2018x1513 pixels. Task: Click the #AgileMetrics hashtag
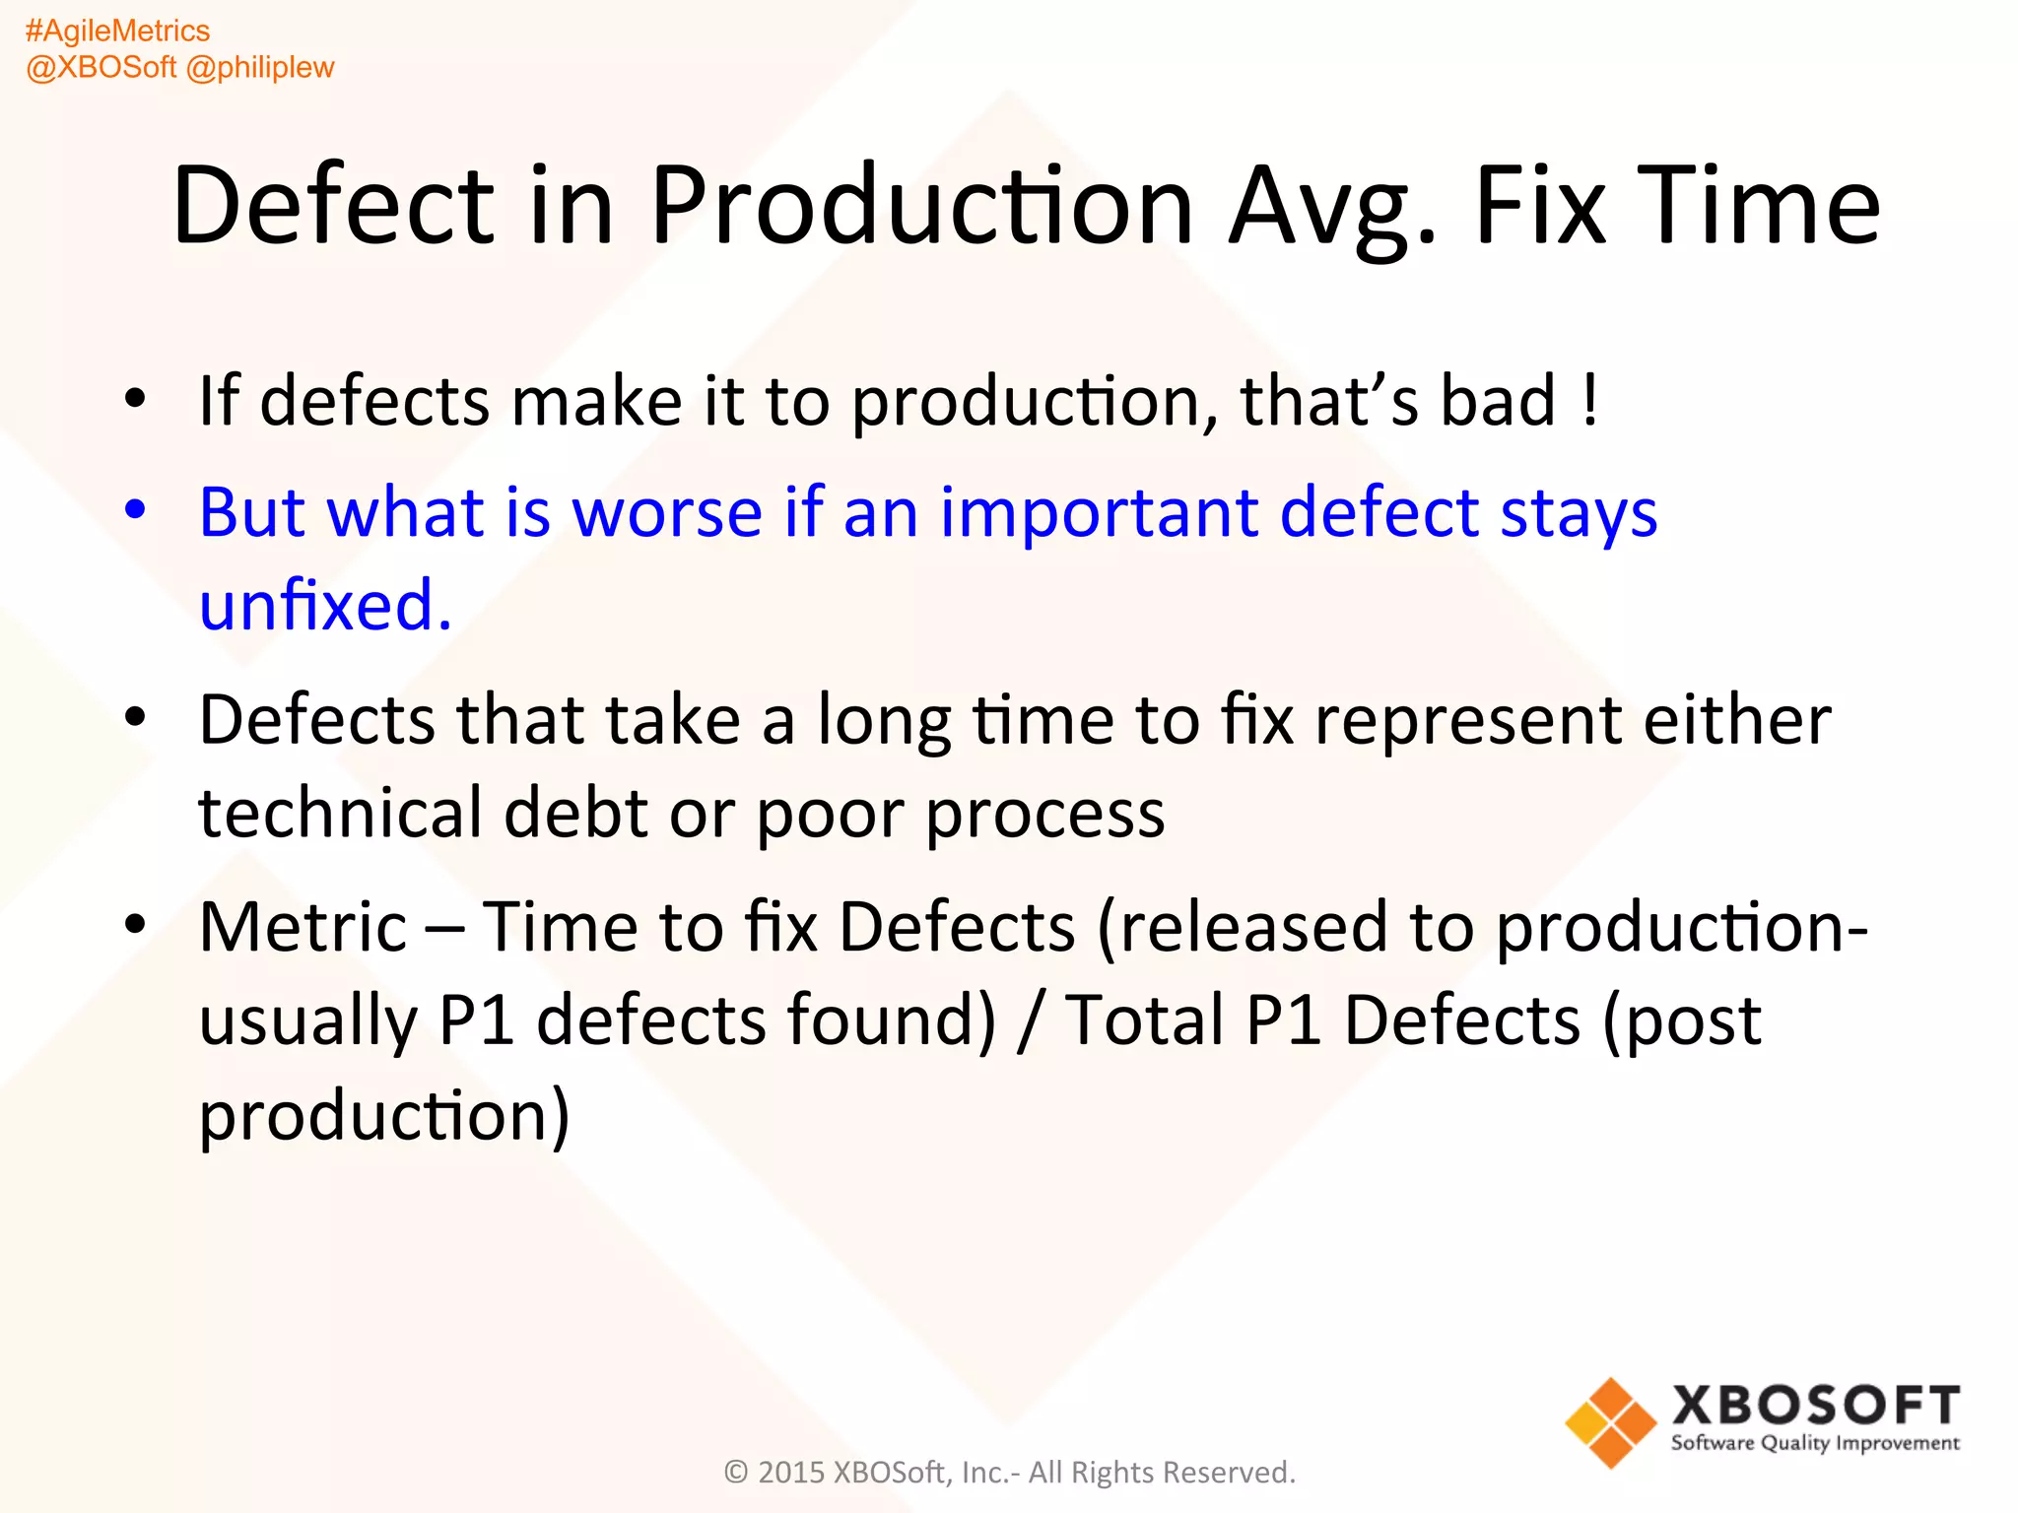(117, 32)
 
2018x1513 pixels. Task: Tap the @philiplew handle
(260, 68)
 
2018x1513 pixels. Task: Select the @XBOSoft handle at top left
(101, 68)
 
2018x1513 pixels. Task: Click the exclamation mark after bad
(1589, 402)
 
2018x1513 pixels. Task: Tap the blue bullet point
(135, 509)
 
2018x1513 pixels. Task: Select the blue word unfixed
(325, 605)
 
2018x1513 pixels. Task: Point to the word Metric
(303, 928)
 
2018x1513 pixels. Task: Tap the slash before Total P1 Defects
(1031, 1020)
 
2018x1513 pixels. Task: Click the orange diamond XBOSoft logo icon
(1610, 1422)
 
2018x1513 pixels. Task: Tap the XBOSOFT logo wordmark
(1815, 1405)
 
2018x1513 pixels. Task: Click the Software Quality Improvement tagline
(1815, 1444)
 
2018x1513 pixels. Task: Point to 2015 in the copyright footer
(790, 1473)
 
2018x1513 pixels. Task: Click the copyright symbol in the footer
(736, 1473)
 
